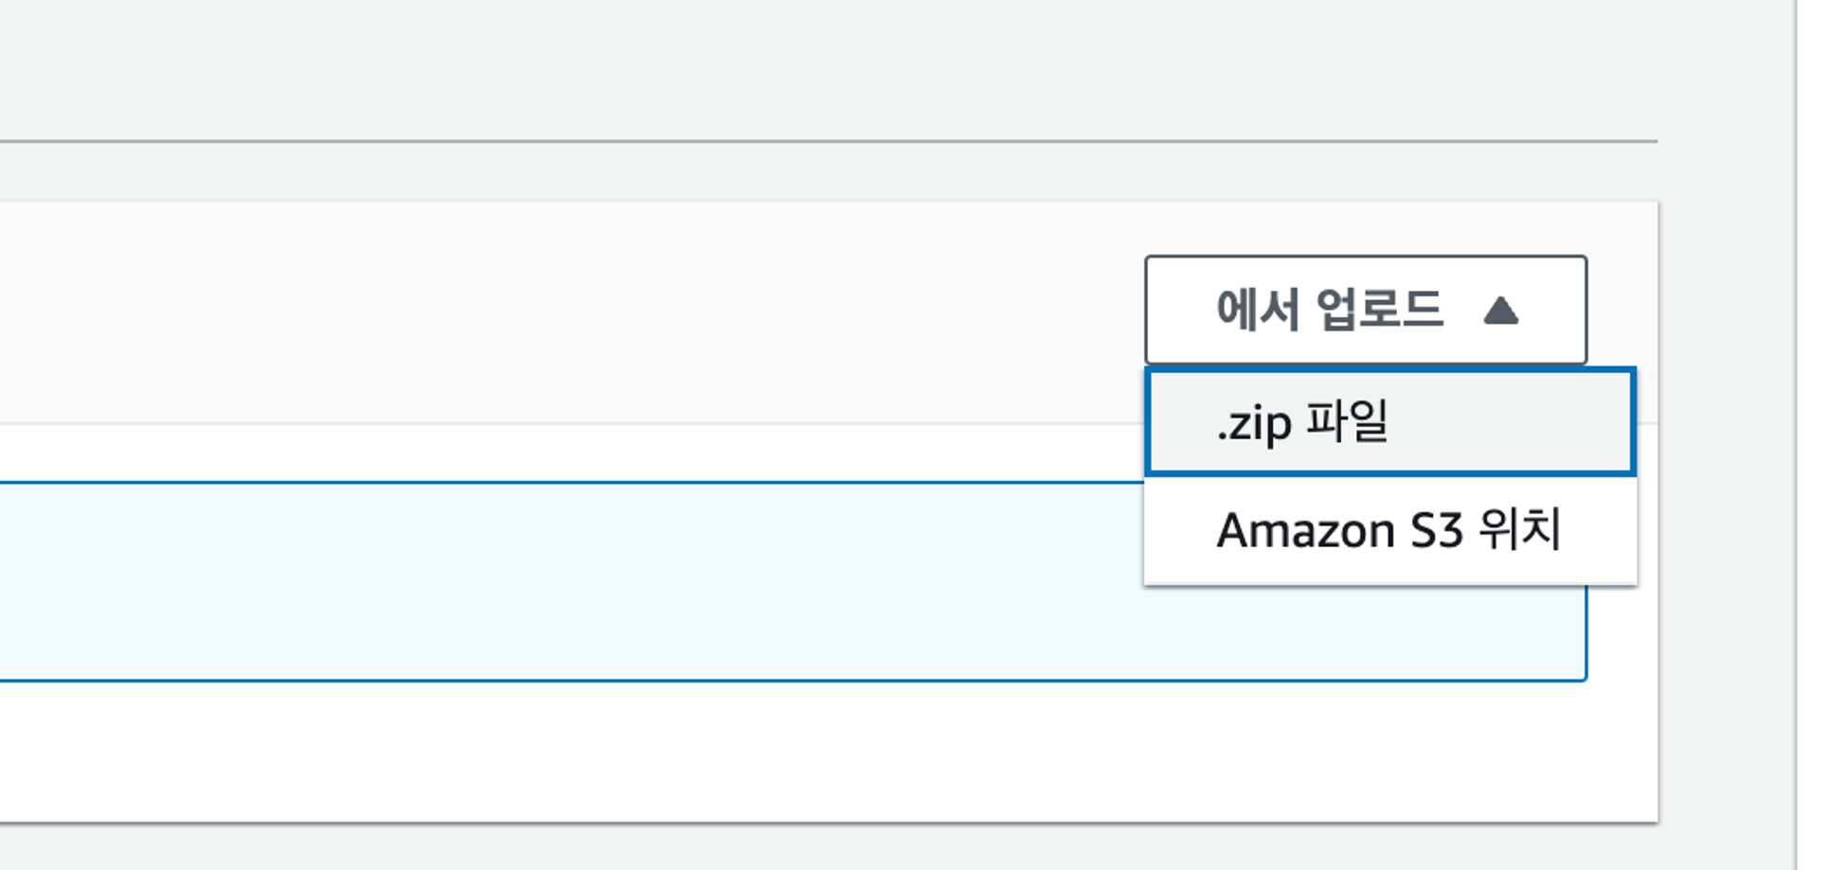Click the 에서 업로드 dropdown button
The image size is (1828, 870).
click(1365, 310)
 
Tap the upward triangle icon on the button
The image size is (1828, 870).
click(1500, 311)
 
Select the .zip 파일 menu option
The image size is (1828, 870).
click(1389, 421)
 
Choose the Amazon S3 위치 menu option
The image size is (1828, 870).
click(1389, 530)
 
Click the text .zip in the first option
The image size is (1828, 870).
click(1254, 423)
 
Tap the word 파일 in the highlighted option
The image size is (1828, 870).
click(1347, 421)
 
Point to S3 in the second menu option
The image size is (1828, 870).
click(1437, 530)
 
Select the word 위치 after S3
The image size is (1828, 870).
click(1519, 528)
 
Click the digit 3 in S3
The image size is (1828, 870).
click(1451, 530)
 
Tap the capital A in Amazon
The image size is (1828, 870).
click(1234, 530)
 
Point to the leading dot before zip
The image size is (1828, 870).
click(1223, 437)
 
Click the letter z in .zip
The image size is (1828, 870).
click(1239, 425)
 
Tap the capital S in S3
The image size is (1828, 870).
click(1424, 530)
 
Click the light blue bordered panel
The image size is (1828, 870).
click(568, 581)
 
